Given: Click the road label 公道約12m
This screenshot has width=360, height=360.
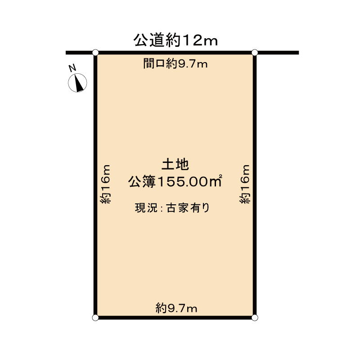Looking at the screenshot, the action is tap(175, 40).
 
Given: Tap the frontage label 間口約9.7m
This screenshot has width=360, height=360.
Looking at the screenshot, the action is tap(175, 63).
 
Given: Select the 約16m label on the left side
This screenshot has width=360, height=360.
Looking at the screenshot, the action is tap(105, 184).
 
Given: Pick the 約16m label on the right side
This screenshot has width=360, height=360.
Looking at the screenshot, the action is tap(244, 184).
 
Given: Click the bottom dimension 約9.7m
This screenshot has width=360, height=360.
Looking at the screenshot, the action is tap(176, 308).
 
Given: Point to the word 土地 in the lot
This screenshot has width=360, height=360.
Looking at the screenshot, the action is tap(175, 165).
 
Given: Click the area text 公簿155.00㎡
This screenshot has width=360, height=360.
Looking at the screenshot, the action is tap(175, 181).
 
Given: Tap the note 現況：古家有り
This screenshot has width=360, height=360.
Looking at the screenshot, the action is tap(172, 208).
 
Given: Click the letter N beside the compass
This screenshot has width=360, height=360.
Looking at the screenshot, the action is tap(72, 68).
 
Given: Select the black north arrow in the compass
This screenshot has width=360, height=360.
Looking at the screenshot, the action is tap(79, 83).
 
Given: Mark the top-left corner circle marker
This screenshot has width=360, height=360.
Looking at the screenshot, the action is tap(95, 53).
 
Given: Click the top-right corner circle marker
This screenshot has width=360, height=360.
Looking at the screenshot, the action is tap(255, 53).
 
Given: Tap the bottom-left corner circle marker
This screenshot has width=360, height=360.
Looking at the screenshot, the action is tap(95, 318).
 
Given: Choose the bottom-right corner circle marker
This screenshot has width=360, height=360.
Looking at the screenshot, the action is tap(255, 318).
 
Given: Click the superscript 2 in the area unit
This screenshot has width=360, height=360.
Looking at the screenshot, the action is tap(220, 176).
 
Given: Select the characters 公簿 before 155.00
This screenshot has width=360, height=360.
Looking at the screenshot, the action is tap(142, 181).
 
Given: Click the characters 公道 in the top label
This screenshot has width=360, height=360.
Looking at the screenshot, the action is tap(148, 40).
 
